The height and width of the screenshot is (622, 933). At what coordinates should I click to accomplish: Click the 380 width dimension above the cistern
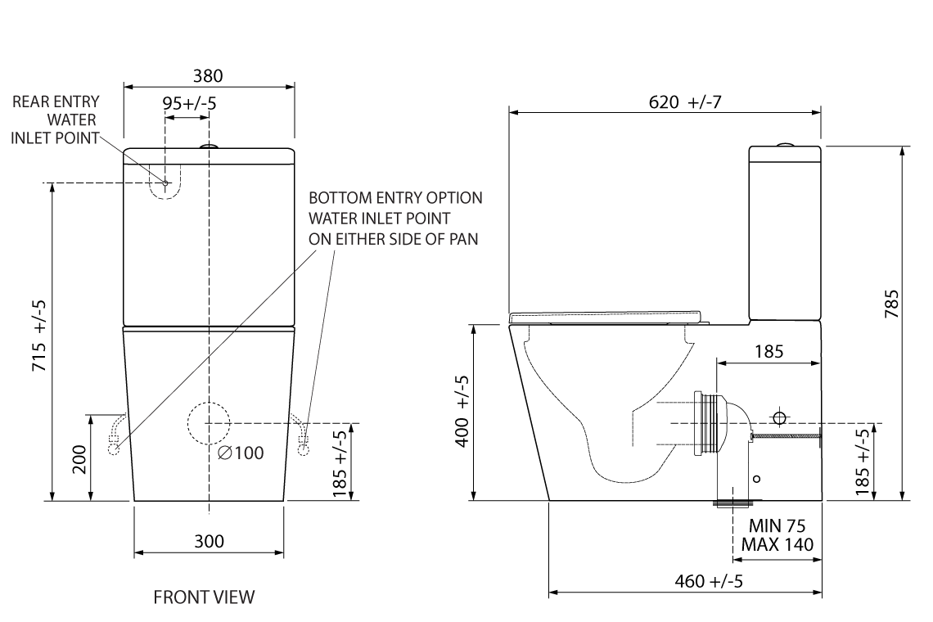(x=207, y=76)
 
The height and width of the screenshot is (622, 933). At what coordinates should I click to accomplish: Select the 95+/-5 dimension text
(x=189, y=103)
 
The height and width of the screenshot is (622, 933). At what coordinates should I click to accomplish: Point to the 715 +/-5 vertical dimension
(x=38, y=335)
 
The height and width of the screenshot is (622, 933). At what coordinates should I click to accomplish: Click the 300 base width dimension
(x=209, y=541)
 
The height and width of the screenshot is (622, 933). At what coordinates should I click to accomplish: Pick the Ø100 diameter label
(x=241, y=453)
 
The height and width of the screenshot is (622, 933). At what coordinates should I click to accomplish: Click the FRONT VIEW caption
(x=204, y=597)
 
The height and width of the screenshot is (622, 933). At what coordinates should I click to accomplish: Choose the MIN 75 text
(x=777, y=526)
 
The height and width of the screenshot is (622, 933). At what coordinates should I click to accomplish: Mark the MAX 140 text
(x=777, y=544)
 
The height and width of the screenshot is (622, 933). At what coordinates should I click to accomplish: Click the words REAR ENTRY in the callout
(x=56, y=102)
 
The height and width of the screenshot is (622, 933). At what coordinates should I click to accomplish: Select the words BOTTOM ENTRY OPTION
(x=395, y=198)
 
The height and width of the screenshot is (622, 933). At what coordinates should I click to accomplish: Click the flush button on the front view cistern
(x=210, y=147)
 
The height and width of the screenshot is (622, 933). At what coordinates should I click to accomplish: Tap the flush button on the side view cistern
(x=785, y=144)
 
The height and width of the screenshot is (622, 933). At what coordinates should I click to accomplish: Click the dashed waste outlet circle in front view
(x=209, y=422)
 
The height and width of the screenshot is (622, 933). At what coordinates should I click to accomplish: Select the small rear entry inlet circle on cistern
(x=165, y=183)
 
